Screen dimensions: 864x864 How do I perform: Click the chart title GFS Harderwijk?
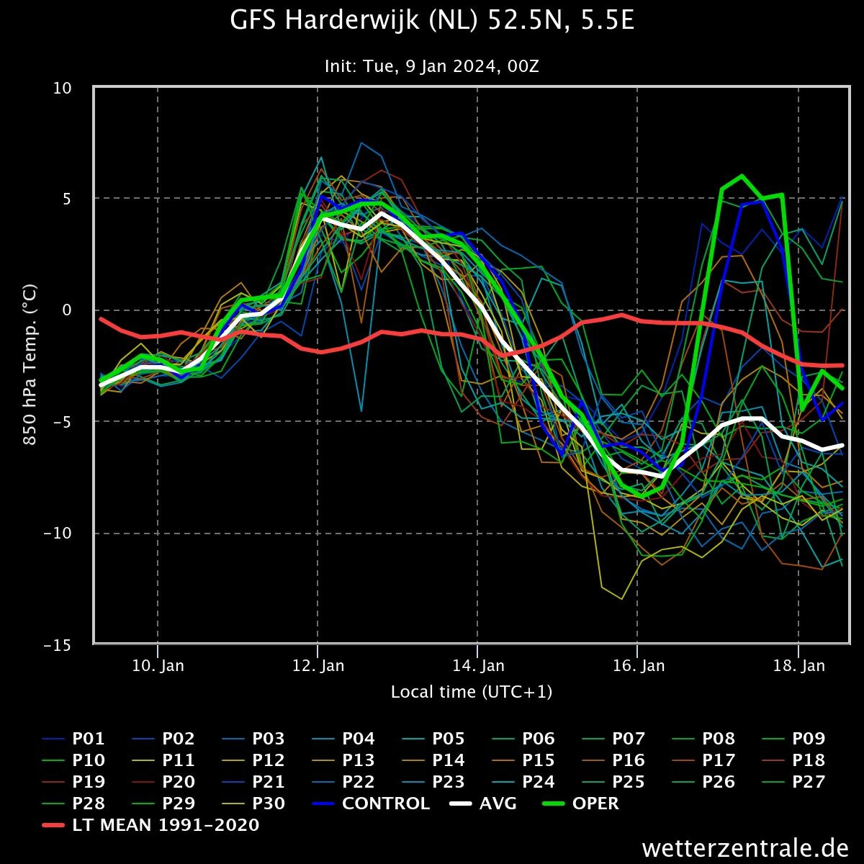tap(432, 20)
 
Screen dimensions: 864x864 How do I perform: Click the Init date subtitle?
tap(432, 66)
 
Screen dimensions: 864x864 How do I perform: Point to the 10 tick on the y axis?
tap(63, 89)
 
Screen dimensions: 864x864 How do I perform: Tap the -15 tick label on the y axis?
tap(58, 645)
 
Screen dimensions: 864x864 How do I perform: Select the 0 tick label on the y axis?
tap(67, 310)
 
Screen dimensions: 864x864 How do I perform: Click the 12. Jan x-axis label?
tap(318, 665)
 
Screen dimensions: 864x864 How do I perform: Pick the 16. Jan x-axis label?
tap(639, 665)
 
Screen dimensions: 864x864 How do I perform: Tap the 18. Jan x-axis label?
tap(798, 665)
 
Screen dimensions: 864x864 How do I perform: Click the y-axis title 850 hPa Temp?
tap(30, 364)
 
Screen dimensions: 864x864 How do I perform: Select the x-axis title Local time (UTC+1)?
tap(472, 692)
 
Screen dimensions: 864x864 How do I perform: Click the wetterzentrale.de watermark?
tap(745, 848)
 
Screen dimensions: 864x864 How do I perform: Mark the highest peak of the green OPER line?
tap(742, 175)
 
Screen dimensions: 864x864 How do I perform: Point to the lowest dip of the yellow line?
tap(621, 598)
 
